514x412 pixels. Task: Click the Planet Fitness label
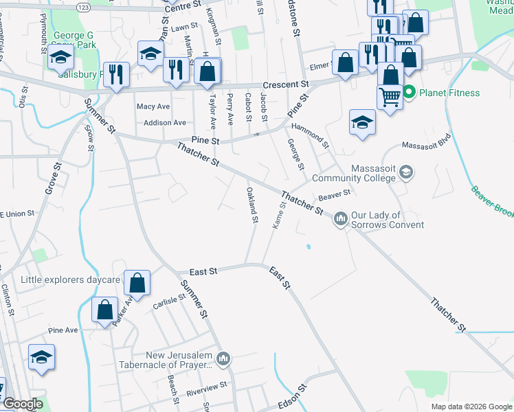tap(451, 93)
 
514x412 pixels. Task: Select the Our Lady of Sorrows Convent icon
tap(341, 220)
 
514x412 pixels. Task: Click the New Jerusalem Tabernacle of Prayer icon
tap(223, 359)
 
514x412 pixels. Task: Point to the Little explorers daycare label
tap(71, 279)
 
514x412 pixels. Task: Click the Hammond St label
tap(311, 135)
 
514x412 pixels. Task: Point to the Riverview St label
tap(206, 389)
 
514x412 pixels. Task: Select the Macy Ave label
tap(153, 106)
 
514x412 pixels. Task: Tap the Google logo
tap(22, 404)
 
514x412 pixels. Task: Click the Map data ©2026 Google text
tap(471, 407)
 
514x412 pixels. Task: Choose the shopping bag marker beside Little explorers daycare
tap(137, 283)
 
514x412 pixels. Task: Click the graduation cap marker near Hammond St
tap(362, 123)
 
